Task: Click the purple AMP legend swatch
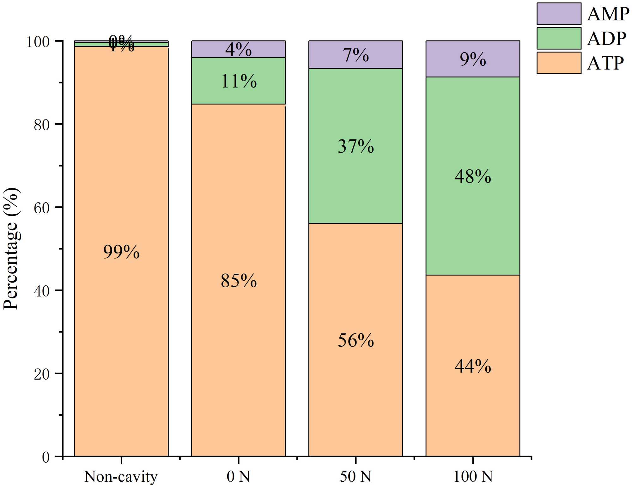coord(558,14)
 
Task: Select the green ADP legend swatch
coord(558,38)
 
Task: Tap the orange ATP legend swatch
coord(558,63)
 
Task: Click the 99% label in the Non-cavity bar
coord(121,252)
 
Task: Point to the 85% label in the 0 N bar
coord(239,281)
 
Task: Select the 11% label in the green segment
coord(239,81)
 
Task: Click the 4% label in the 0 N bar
coord(238,50)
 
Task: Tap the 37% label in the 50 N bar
coord(355,146)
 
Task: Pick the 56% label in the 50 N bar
coord(355,340)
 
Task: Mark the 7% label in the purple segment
coord(355,55)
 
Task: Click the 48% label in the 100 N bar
coord(473,176)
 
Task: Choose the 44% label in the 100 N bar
coord(473,366)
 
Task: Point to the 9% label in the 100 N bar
coord(473,59)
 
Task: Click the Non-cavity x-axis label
coord(121,477)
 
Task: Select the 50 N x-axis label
coord(355,477)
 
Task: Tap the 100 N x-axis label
coord(473,477)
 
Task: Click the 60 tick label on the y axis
coord(42,208)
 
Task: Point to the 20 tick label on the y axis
coord(42,374)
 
